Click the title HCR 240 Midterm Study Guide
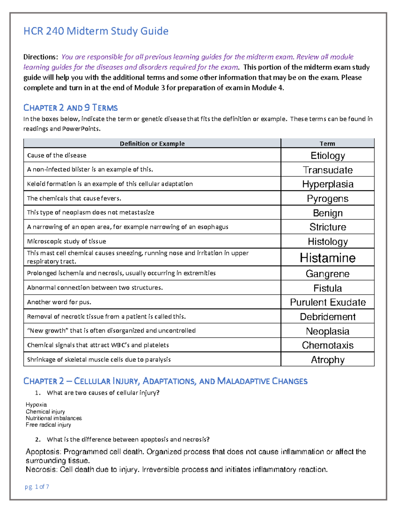(x=96, y=31)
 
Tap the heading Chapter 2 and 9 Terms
(x=70, y=108)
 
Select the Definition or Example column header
(x=152, y=144)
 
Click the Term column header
(x=327, y=144)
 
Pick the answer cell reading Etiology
(x=328, y=156)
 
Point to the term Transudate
(x=328, y=170)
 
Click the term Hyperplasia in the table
(x=328, y=184)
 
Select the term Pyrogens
(x=328, y=199)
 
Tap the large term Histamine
(x=328, y=258)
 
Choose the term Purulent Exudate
(x=328, y=302)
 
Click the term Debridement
(x=328, y=317)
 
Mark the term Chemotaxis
(x=328, y=345)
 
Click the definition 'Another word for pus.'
(x=59, y=302)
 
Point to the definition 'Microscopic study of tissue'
(x=66, y=241)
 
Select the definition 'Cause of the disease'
(x=57, y=155)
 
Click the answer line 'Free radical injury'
(x=48, y=425)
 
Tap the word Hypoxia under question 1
(x=36, y=404)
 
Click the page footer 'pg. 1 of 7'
(x=37, y=487)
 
